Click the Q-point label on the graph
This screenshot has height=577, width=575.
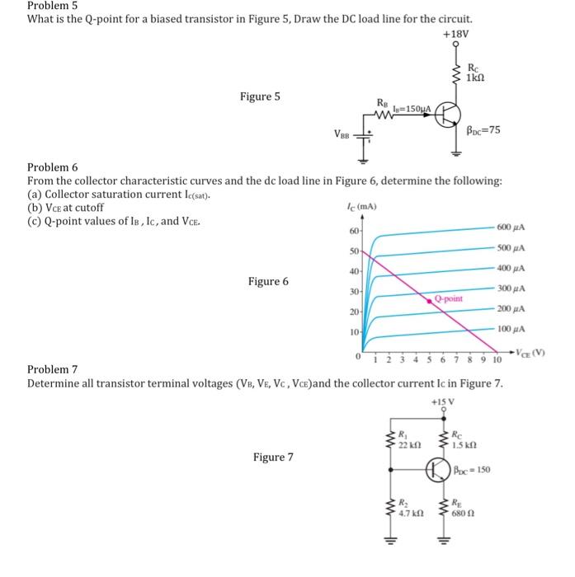[449, 298]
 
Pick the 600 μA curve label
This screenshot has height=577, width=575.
[512, 228]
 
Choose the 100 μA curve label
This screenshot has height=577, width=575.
[512, 329]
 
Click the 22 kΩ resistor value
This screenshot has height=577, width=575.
[408, 445]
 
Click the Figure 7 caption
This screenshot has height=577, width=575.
[274, 457]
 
